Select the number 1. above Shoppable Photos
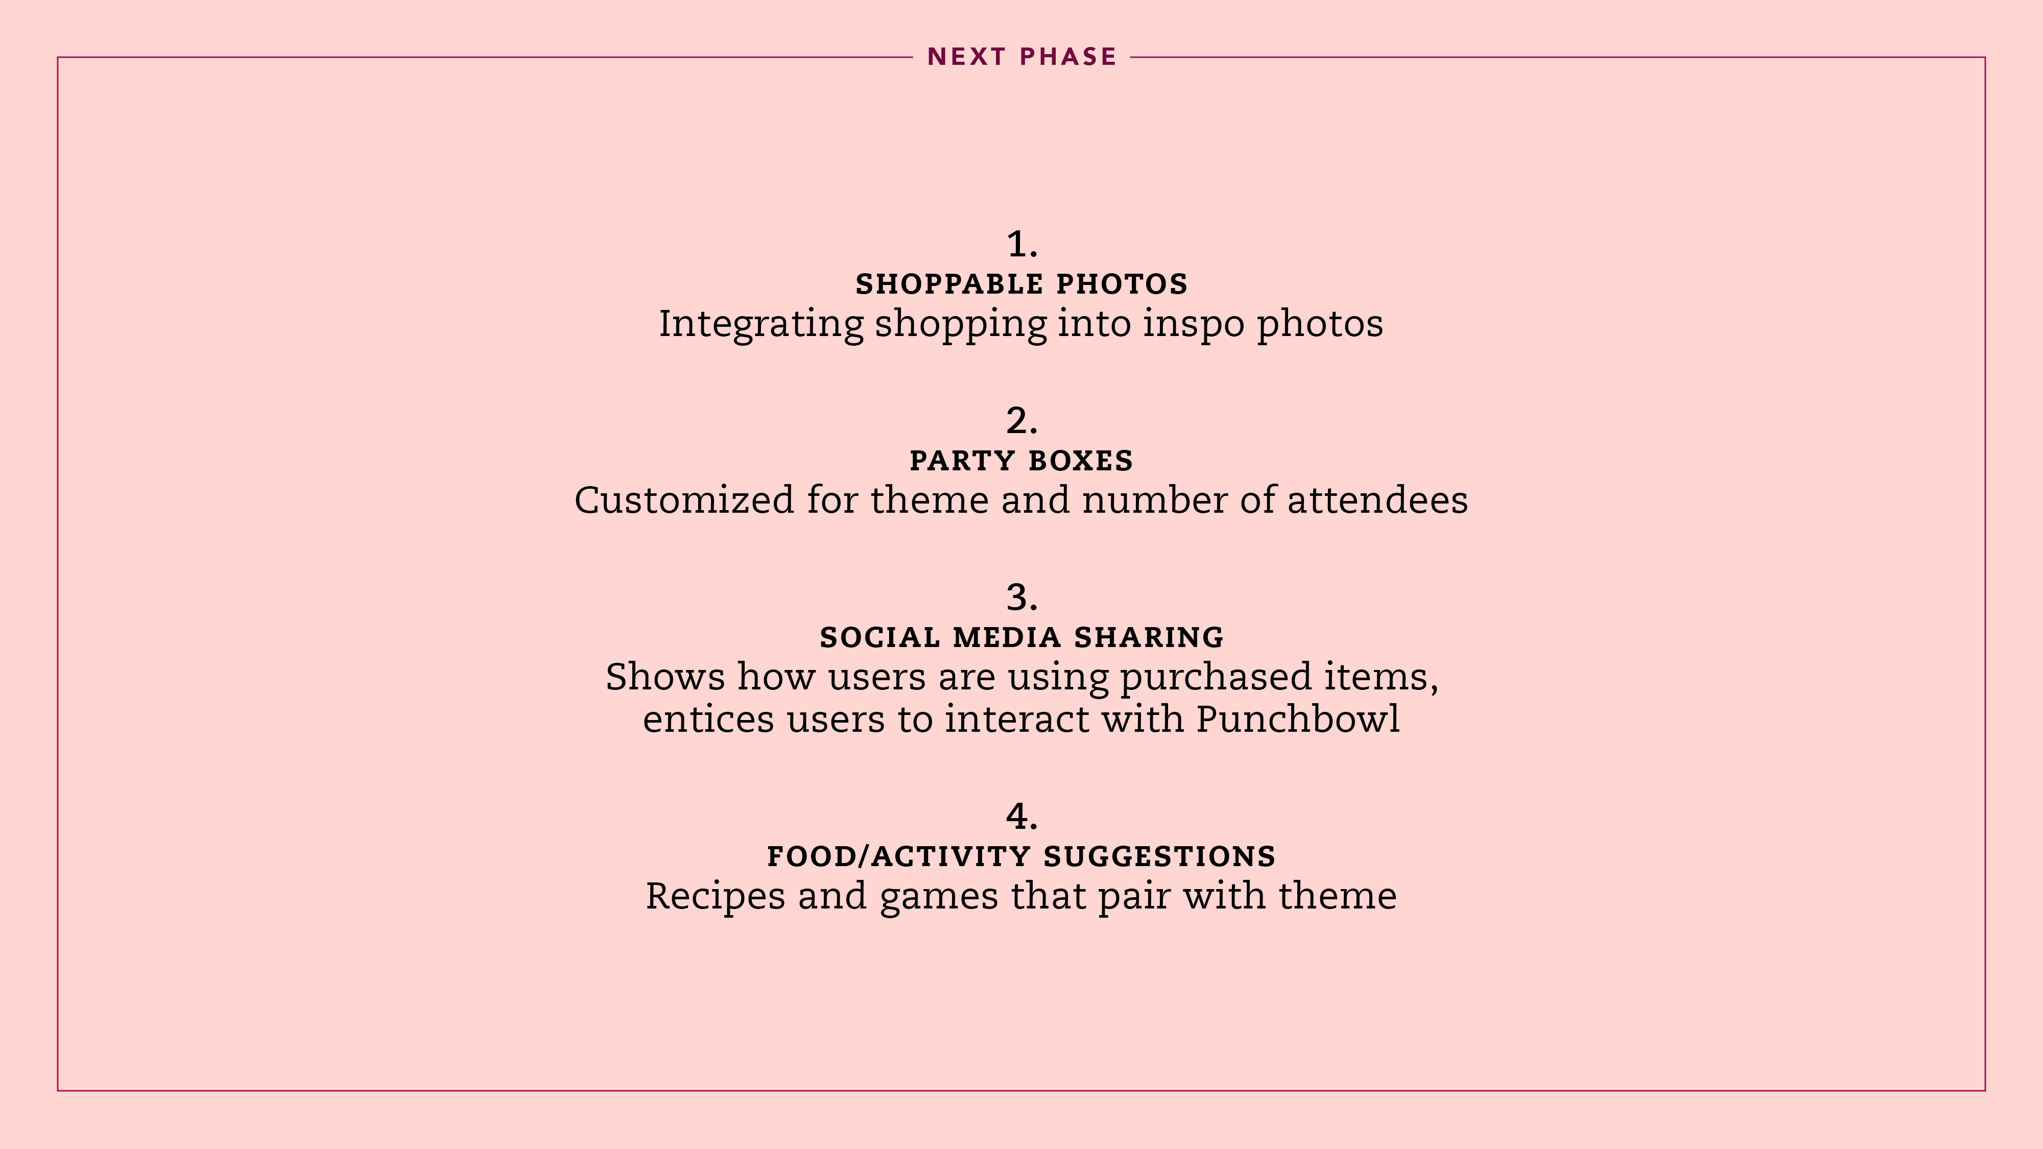tap(1022, 244)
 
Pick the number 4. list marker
tap(1022, 817)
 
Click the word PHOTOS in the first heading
tap(1122, 284)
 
